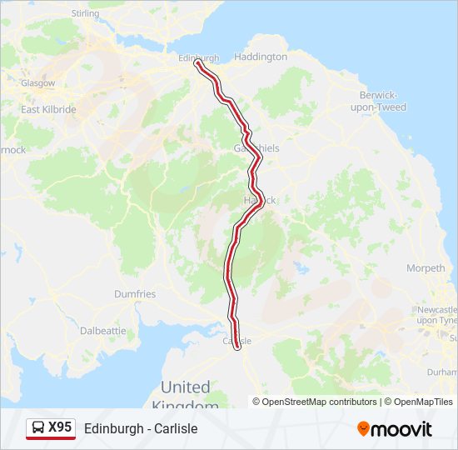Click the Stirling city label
click(85, 13)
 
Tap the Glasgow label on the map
click(38, 83)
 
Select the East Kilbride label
click(48, 109)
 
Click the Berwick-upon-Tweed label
click(378, 101)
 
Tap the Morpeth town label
click(426, 268)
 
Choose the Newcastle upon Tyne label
click(437, 315)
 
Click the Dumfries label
click(135, 294)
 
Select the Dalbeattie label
click(102, 330)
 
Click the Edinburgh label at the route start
click(199, 57)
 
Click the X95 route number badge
click(60, 427)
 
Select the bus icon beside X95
click(38, 428)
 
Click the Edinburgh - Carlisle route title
click(141, 428)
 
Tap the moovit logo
click(395, 429)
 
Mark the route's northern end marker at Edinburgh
click(197, 62)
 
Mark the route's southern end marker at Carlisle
click(238, 348)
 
